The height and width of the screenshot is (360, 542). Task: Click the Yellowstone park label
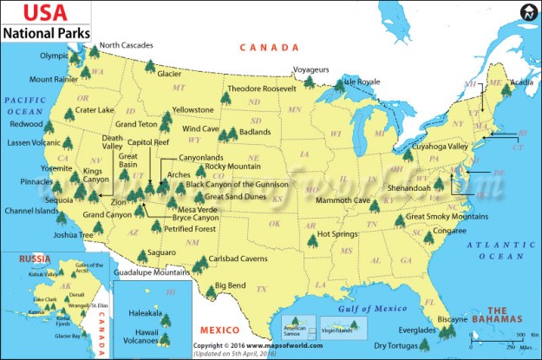click(x=193, y=110)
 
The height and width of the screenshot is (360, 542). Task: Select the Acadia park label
click(x=522, y=82)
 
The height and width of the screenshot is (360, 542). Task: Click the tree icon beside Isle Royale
click(x=338, y=86)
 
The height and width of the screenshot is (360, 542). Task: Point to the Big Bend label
click(x=232, y=285)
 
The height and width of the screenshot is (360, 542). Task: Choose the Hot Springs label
click(x=337, y=233)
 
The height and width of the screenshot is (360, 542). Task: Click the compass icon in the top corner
click(x=528, y=13)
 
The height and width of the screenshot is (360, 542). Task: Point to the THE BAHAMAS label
click(x=508, y=315)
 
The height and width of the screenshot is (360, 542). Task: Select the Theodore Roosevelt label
click(x=261, y=88)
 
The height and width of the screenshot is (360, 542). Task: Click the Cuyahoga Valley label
click(x=439, y=147)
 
